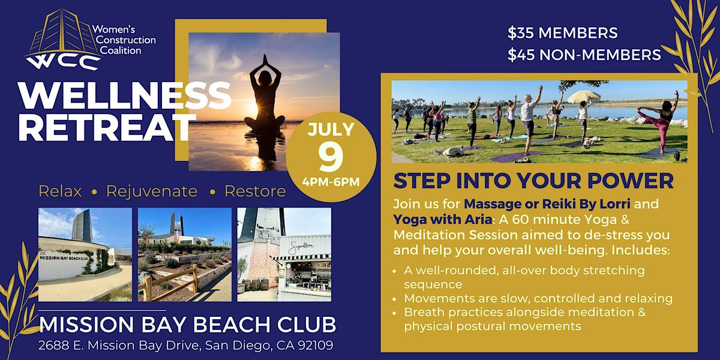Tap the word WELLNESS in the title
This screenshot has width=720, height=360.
tap(125, 95)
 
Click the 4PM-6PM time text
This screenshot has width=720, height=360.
tap(331, 182)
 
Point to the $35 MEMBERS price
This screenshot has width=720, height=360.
tap(563, 33)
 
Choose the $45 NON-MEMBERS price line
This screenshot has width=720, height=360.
tap(584, 55)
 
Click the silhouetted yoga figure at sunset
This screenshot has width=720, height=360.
tap(265, 93)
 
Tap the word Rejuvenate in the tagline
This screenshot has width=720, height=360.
tap(152, 191)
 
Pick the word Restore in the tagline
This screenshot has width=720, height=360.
tap(255, 191)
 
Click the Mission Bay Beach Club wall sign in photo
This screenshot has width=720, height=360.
tap(64, 258)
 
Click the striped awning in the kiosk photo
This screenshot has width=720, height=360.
tap(301, 257)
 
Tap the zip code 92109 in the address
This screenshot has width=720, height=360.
tap(316, 345)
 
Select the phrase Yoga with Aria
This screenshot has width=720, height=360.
tap(443, 219)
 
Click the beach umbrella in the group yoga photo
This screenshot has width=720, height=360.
tap(583, 97)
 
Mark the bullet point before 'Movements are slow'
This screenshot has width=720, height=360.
tap(395, 299)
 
